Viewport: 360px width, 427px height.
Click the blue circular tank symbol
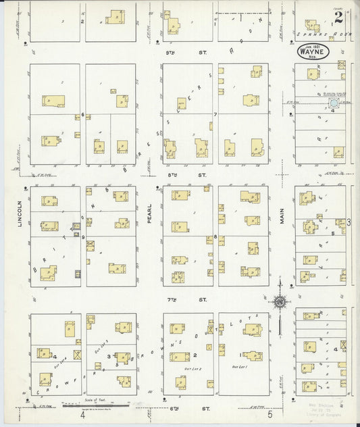pyautogui.click(x=334, y=103)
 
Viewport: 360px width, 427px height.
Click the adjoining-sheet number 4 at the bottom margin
pyautogui.click(x=82, y=415)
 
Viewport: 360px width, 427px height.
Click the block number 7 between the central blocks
pyautogui.click(x=215, y=114)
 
